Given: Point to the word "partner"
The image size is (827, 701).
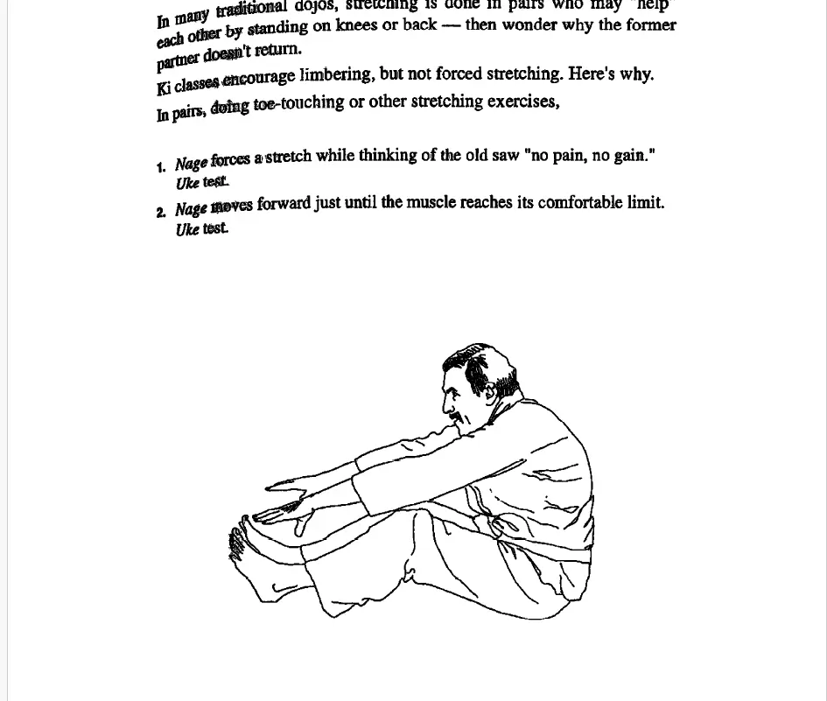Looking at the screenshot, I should pyautogui.click(x=178, y=60).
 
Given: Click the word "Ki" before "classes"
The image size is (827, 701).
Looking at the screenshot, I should pyautogui.click(x=164, y=88).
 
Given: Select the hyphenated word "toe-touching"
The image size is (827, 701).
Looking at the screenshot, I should pyautogui.click(x=298, y=103).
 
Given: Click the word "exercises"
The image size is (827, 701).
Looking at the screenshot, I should pyautogui.click(x=522, y=101).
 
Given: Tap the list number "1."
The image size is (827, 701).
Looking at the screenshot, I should pyautogui.click(x=161, y=167).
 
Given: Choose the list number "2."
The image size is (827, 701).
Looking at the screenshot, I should pyautogui.click(x=161, y=213).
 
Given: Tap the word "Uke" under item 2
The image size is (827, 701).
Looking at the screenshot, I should pyautogui.click(x=187, y=230).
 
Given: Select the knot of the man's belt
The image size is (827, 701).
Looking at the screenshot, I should pyautogui.click(x=497, y=526).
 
